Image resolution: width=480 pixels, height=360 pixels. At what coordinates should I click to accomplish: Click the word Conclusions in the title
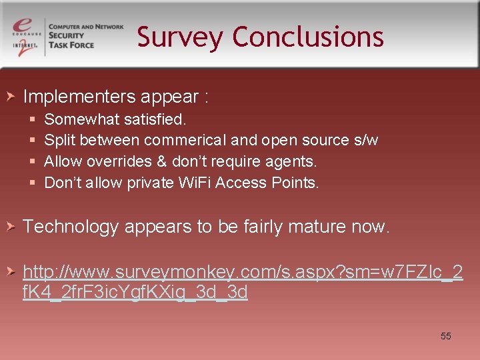pos(308,37)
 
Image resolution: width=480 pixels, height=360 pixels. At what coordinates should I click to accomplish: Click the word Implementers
pos(79,97)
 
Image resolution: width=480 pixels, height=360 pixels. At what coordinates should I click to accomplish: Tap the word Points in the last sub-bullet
pos(296,183)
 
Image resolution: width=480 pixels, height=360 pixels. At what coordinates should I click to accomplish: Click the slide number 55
pos(446,336)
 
